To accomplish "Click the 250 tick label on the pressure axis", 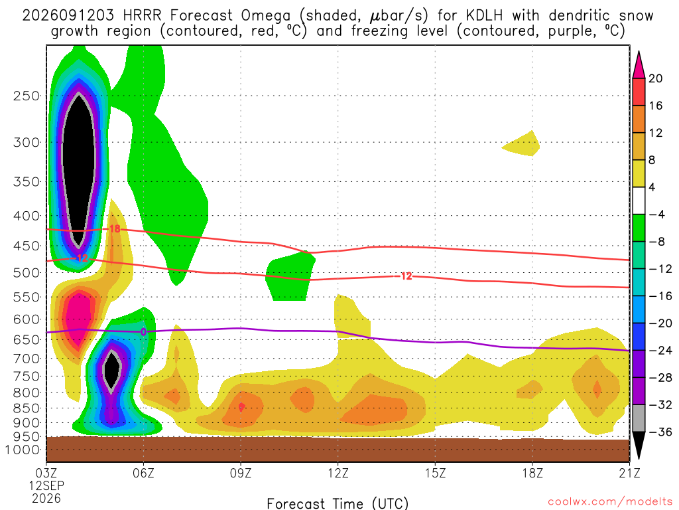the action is coord(27,96).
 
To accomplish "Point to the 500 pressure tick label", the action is coord(27,273).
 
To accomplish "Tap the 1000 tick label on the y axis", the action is coord(23,450).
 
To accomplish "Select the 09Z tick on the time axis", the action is coord(241,473).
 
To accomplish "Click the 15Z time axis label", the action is coord(435,473).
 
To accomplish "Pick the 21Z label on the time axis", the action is coord(629,473).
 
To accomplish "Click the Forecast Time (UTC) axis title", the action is coord(338,503).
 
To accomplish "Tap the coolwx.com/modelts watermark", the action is coord(610,501).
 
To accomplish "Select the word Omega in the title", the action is coord(265,16).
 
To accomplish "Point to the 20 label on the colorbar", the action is coord(655,78).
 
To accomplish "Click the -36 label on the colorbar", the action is coord(660,432).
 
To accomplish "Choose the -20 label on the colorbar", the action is coord(660,323).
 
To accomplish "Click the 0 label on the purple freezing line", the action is coord(143,332).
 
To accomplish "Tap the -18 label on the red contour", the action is coord(113,228).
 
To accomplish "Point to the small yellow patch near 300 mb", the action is coord(521,143).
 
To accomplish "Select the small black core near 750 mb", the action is coord(111,369).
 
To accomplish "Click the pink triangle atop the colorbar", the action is coord(639,66).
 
